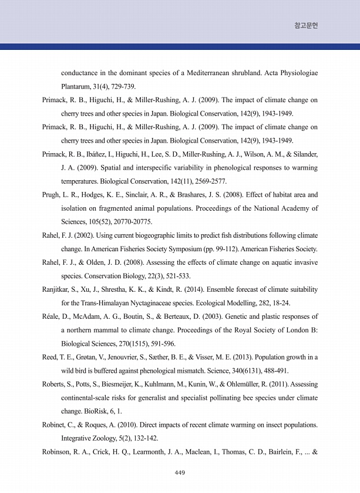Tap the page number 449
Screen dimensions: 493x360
tap(180, 473)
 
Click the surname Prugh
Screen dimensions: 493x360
tap(53, 194)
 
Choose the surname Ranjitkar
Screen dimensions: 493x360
tap(58, 289)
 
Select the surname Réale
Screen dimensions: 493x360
tap(52, 316)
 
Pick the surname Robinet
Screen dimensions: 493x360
tap(56, 425)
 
